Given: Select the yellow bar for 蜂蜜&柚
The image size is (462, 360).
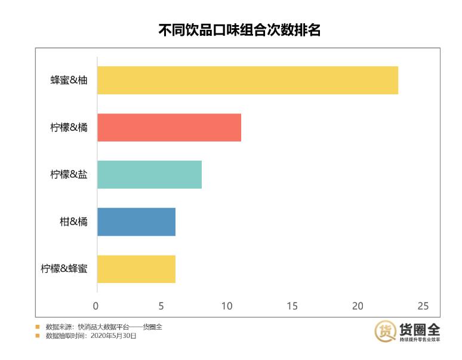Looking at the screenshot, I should point(247,80).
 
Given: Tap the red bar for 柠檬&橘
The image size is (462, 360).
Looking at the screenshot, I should point(169,127).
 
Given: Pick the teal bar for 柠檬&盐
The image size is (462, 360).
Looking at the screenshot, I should point(149,174).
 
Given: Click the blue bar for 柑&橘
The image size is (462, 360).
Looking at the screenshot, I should point(136,221).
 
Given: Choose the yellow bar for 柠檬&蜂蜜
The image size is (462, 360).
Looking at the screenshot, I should point(136,269).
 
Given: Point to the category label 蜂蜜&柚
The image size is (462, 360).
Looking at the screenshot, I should point(69,80).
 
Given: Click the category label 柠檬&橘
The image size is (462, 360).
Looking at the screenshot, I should point(69,127).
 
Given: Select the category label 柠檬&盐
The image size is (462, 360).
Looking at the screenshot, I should point(69,174).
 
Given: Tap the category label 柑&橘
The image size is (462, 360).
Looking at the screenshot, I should point(73,221).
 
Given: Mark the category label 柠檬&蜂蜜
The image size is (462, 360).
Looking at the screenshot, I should point(64,269).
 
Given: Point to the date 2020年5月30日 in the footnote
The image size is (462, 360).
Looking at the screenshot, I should point(113,336).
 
